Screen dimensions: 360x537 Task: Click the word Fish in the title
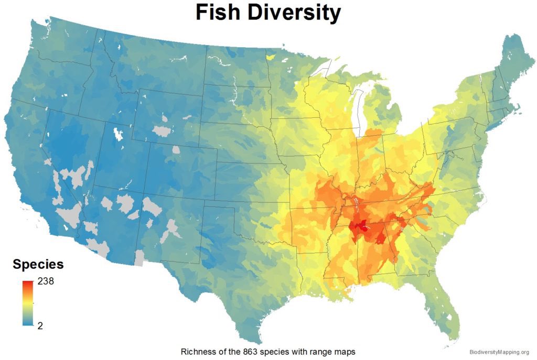click(221, 13)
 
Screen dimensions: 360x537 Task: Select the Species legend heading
click(38, 264)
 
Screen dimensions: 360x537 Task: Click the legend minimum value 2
click(40, 325)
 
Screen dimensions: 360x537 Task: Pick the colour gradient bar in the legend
click(28, 303)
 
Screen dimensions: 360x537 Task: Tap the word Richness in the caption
click(198, 352)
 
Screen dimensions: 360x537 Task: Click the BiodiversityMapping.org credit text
click(499, 352)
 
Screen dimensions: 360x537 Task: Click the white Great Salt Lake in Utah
click(117, 134)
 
